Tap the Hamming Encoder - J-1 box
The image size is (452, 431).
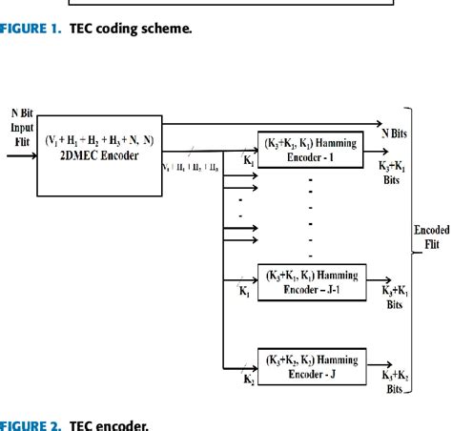pos(312,281)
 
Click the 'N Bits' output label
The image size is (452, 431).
pos(395,131)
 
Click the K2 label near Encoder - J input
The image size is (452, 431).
pos(249,380)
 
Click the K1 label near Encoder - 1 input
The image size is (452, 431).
pos(249,161)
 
